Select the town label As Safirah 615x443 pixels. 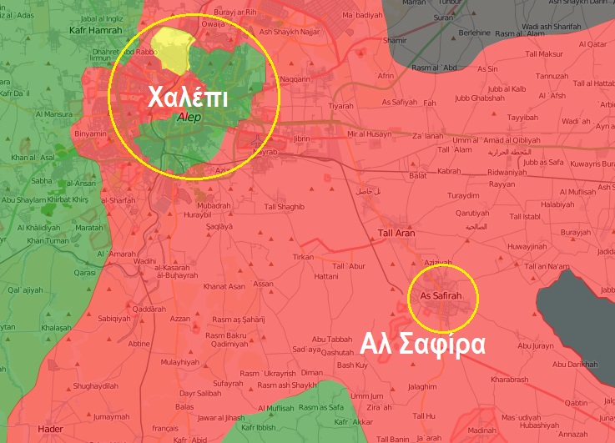440,296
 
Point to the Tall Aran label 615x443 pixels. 396,233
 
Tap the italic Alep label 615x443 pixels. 190,118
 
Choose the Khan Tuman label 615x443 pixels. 48,241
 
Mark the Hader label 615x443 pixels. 50,429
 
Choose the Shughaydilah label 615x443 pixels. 96,385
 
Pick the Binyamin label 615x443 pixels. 90,133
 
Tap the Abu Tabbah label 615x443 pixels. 332,340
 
